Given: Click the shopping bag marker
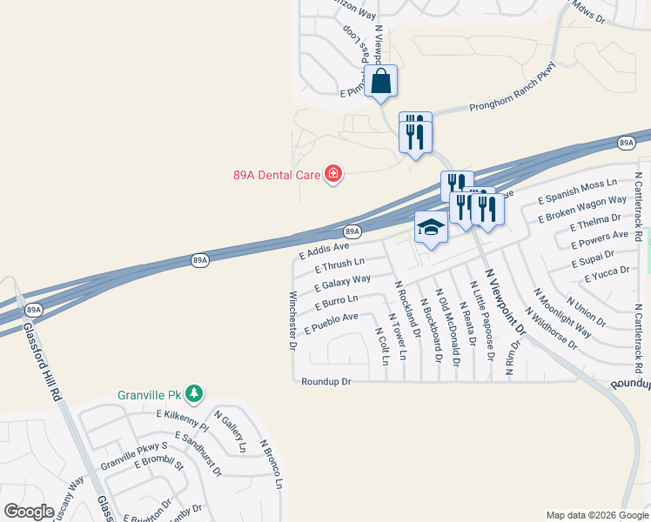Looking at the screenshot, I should (x=381, y=82).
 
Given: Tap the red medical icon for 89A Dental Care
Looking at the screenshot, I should (x=332, y=175).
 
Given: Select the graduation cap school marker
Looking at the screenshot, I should (x=431, y=228).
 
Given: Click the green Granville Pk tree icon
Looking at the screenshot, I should (x=195, y=394).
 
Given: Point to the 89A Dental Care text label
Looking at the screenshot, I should (x=277, y=175).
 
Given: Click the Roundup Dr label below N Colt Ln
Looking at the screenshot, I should (x=325, y=381).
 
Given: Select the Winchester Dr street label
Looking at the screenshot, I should (x=293, y=320).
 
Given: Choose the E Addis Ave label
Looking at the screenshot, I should (x=324, y=251).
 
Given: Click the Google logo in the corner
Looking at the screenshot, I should (x=29, y=512).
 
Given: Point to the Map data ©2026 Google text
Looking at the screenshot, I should (x=596, y=515).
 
